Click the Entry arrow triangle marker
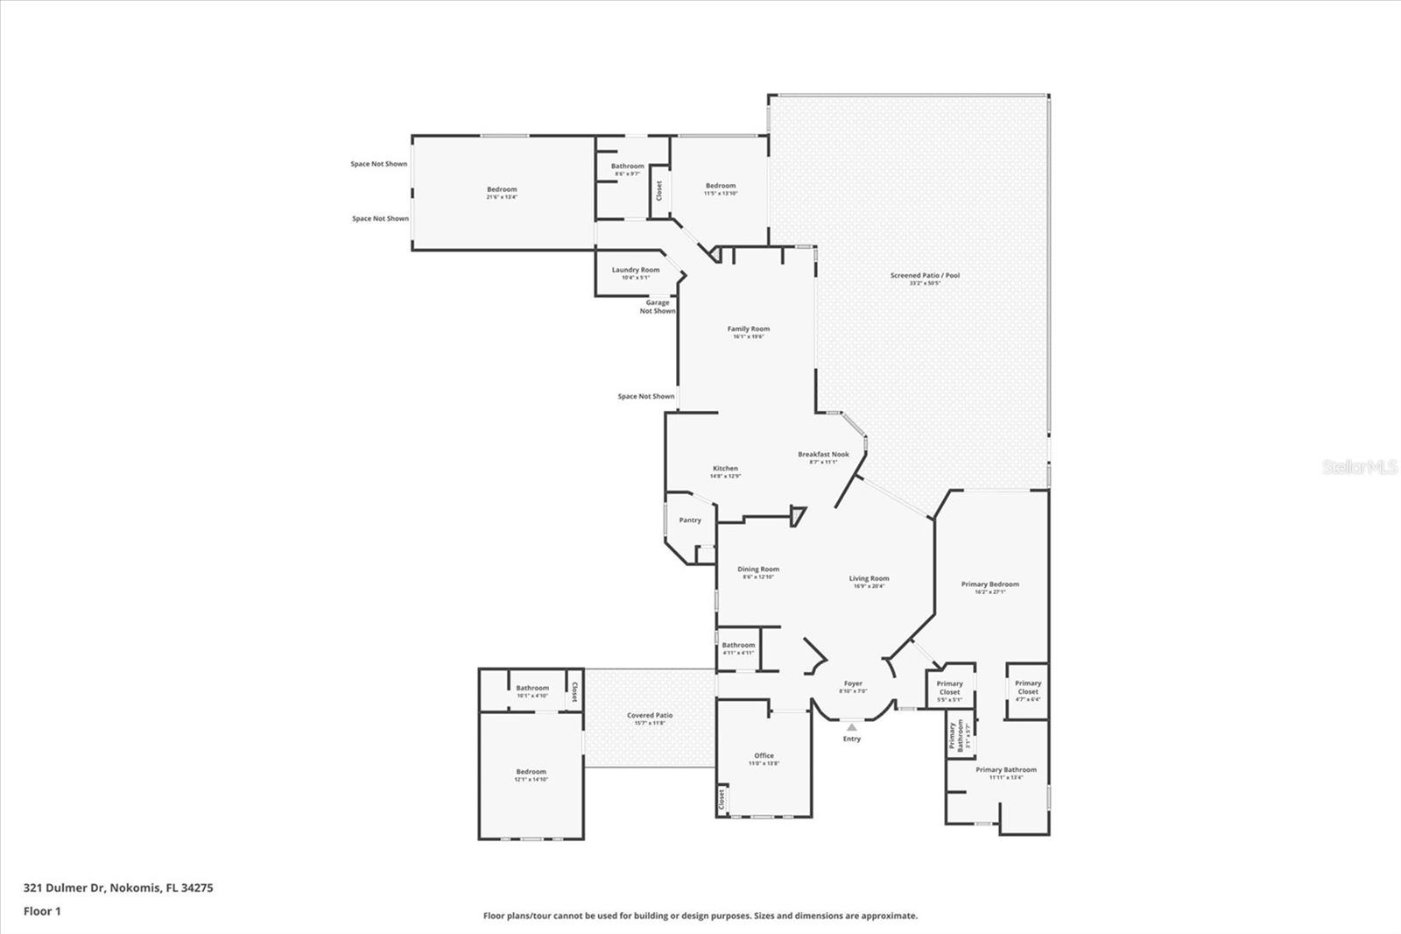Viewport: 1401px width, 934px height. click(852, 726)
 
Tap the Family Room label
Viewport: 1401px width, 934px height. click(748, 329)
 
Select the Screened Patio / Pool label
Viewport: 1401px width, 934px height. click(925, 276)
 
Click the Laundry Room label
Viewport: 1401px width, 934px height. click(636, 271)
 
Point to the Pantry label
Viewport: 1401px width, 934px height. click(690, 520)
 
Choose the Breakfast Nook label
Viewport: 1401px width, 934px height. click(823, 455)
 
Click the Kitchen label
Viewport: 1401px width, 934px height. click(725, 469)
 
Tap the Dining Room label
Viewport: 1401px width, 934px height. click(758, 570)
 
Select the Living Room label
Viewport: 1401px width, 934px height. click(869, 579)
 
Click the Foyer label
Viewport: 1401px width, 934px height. click(853, 684)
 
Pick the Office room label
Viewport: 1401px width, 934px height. click(764, 756)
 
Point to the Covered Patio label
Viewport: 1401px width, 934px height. click(650, 716)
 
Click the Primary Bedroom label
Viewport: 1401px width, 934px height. click(989, 584)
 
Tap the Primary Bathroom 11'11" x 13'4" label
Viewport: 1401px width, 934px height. click(1005, 770)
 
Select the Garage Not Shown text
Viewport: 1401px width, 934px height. click(658, 307)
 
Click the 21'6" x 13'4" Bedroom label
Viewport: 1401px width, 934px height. click(502, 190)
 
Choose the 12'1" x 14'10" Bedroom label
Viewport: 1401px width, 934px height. click(531, 773)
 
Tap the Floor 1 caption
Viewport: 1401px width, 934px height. click(42, 911)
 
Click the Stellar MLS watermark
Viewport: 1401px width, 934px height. click(1359, 468)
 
